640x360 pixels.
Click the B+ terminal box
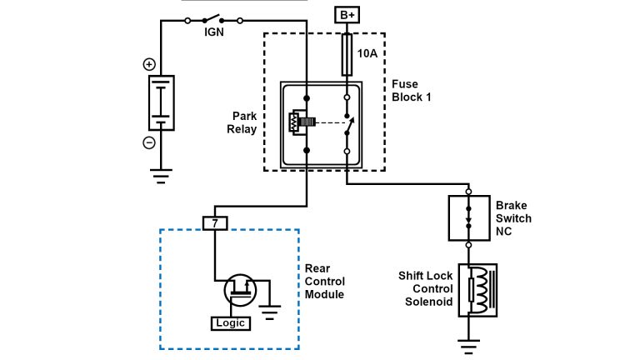click(x=346, y=14)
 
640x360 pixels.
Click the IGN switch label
click(x=214, y=33)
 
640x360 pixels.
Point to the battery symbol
click(x=161, y=103)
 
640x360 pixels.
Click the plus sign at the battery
click(x=149, y=65)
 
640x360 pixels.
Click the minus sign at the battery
click(x=149, y=142)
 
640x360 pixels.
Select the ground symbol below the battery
click(x=161, y=175)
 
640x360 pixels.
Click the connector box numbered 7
click(x=214, y=223)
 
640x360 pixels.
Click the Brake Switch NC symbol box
click(x=468, y=217)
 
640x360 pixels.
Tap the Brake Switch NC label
click(x=512, y=218)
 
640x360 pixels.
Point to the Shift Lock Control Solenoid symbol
click(x=472, y=289)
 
